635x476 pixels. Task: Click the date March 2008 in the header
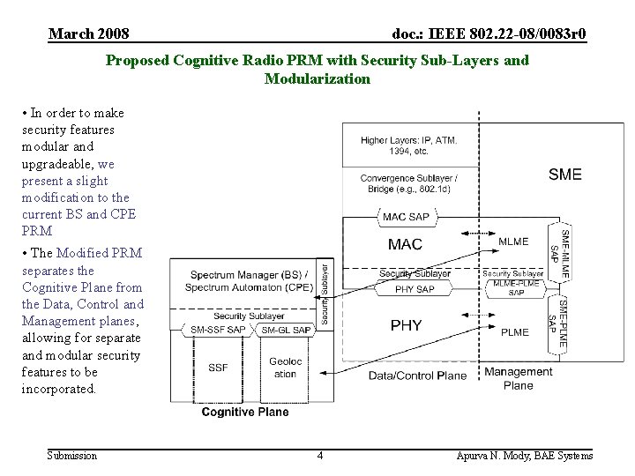89,34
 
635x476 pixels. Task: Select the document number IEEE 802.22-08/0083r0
489,34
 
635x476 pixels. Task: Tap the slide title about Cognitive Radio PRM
317,70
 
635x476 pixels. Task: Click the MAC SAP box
406,217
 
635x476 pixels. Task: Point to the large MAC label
405,244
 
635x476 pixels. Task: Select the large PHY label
406,326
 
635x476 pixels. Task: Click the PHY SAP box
414,288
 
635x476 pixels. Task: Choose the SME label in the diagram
565,175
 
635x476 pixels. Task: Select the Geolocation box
285,368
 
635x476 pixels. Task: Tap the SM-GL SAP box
286,330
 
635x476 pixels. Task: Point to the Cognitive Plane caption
245,412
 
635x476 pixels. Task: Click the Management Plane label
519,378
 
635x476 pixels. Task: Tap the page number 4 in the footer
320,456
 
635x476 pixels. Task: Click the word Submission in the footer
73,456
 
